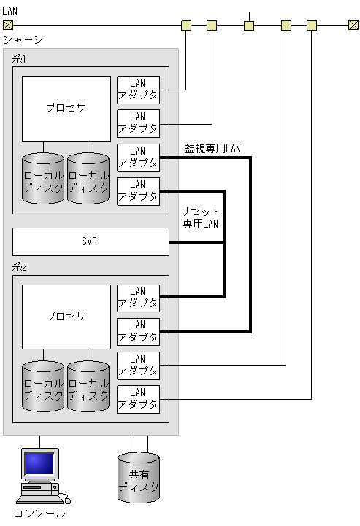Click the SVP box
91,241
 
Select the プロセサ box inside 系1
66,108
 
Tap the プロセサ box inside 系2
66,317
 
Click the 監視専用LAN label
212,149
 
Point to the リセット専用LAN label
200,217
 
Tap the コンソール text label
40,514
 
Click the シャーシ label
23,40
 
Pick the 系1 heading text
20,59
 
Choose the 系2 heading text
20,268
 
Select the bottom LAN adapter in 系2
138,399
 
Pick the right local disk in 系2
88,386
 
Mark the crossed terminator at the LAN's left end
7,26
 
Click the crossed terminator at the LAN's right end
353,26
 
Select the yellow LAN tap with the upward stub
249,26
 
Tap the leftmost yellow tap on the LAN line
186,26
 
